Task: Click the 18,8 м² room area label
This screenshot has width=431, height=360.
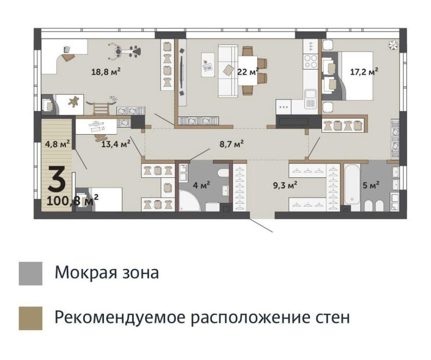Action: (106, 72)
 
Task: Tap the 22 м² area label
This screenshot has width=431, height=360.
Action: (248, 72)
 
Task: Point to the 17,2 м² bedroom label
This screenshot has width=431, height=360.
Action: (364, 72)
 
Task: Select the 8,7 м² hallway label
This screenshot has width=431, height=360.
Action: (232, 143)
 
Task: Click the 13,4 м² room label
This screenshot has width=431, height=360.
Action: (116, 143)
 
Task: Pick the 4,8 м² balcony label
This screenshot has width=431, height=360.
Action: (57, 143)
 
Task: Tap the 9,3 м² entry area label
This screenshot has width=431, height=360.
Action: (285, 185)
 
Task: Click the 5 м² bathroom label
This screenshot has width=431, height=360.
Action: (371, 185)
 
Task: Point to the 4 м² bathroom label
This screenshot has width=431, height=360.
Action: (201, 185)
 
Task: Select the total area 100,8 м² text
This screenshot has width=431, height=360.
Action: (72, 201)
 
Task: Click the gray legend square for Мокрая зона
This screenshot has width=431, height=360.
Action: (30, 273)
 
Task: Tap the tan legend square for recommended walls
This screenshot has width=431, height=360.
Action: (30, 318)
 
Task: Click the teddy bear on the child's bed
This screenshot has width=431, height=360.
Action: (73, 102)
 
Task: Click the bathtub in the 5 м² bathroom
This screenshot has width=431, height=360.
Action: (352, 184)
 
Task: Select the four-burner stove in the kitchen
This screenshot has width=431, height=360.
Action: (311, 61)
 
